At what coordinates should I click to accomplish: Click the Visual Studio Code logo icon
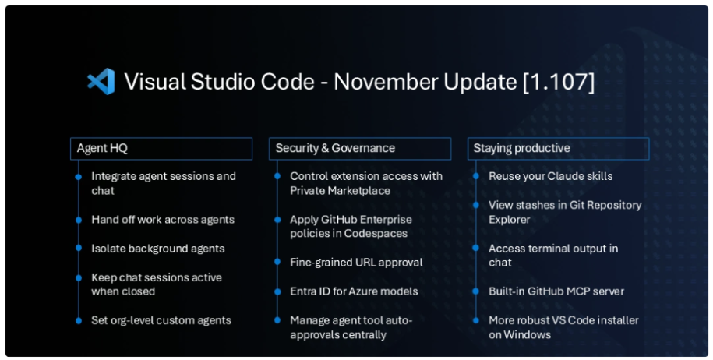click(x=101, y=82)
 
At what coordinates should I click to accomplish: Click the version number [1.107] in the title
click(x=558, y=82)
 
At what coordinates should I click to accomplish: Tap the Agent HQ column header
click(x=161, y=148)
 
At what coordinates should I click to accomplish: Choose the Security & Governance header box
click(x=360, y=148)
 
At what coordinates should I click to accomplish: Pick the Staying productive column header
click(x=559, y=148)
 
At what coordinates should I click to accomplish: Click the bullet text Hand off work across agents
click(x=162, y=220)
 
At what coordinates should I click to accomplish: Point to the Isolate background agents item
click(x=157, y=249)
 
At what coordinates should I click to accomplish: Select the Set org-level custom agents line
click(x=161, y=320)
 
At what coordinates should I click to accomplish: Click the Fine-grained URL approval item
click(x=356, y=263)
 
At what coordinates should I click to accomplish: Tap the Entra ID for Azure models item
click(x=354, y=291)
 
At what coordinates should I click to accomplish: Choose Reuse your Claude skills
click(x=550, y=176)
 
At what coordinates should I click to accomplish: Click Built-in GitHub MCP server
click(x=556, y=291)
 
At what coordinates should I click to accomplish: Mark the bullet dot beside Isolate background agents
click(x=78, y=249)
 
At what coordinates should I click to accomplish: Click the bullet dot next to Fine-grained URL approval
click(x=277, y=263)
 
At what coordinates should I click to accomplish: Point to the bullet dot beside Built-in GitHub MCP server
click(x=475, y=291)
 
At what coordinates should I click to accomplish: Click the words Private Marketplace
click(x=340, y=191)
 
